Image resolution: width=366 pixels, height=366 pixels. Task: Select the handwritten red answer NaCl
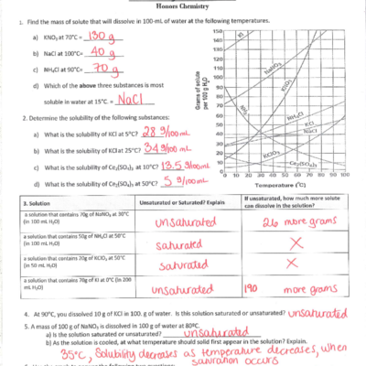132,96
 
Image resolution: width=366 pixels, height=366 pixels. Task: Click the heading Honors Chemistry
183,7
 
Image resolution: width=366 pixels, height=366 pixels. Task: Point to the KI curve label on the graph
240,36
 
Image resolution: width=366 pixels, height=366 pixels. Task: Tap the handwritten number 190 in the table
255,287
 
